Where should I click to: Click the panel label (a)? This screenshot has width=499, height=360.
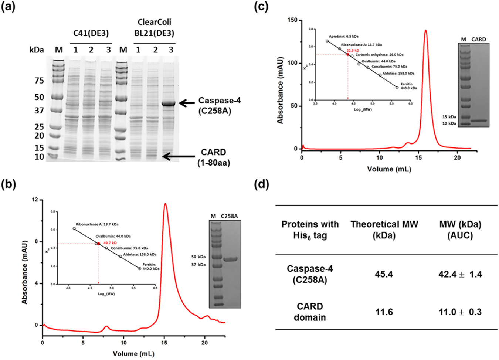click(8, 6)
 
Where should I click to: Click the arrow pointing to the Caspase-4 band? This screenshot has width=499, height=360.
click(187, 103)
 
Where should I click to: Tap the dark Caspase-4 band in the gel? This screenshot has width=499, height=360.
click(169, 104)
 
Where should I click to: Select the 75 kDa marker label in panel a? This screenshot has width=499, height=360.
click(39, 81)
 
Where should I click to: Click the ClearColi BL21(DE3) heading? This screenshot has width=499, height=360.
click(154, 28)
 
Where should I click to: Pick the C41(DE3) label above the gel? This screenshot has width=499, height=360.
click(91, 33)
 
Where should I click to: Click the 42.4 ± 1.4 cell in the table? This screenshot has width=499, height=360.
click(460, 274)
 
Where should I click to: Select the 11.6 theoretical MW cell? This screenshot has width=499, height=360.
click(384, 312)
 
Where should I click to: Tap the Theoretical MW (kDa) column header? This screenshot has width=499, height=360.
click(384, 230)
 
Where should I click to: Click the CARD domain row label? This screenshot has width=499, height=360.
click(310, 312)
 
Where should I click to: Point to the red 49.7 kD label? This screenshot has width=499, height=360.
click(110, 243)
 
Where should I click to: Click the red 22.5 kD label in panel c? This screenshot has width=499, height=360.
click(353, 50)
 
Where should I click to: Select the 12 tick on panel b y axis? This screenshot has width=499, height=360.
click(35, 200)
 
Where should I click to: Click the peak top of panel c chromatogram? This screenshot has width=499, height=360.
click(426, 30)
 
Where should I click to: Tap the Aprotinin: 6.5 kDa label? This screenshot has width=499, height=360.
click(343, 37)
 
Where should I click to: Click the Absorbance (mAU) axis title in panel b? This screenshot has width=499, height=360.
click(25, 272)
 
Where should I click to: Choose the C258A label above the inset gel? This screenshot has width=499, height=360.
click(229, 216)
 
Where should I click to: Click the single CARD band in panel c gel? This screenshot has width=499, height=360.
click(479, 120)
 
